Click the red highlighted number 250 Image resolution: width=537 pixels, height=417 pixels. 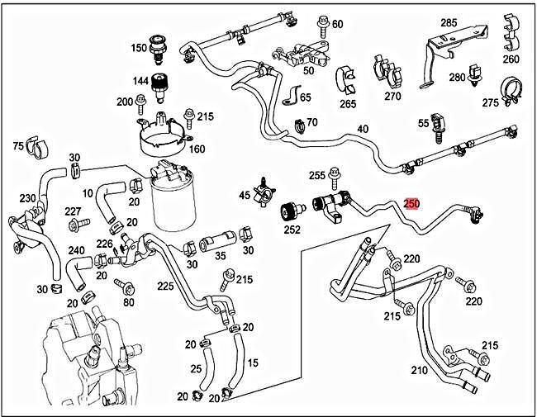[x=411, y=203]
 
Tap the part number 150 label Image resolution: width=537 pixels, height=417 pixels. [x=138, y=49]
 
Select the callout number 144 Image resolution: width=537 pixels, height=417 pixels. [x=140, y=82]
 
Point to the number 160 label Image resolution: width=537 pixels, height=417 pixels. [x=197, y=149]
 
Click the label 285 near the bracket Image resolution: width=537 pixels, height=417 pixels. [x=448, y=22]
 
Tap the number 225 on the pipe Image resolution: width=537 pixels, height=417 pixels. [x=165, y=286]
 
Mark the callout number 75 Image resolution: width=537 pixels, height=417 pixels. [x=18, y=146]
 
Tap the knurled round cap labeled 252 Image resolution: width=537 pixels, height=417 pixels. [x=290, y=210]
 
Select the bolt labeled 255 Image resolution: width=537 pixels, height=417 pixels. [x=334, y=176]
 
